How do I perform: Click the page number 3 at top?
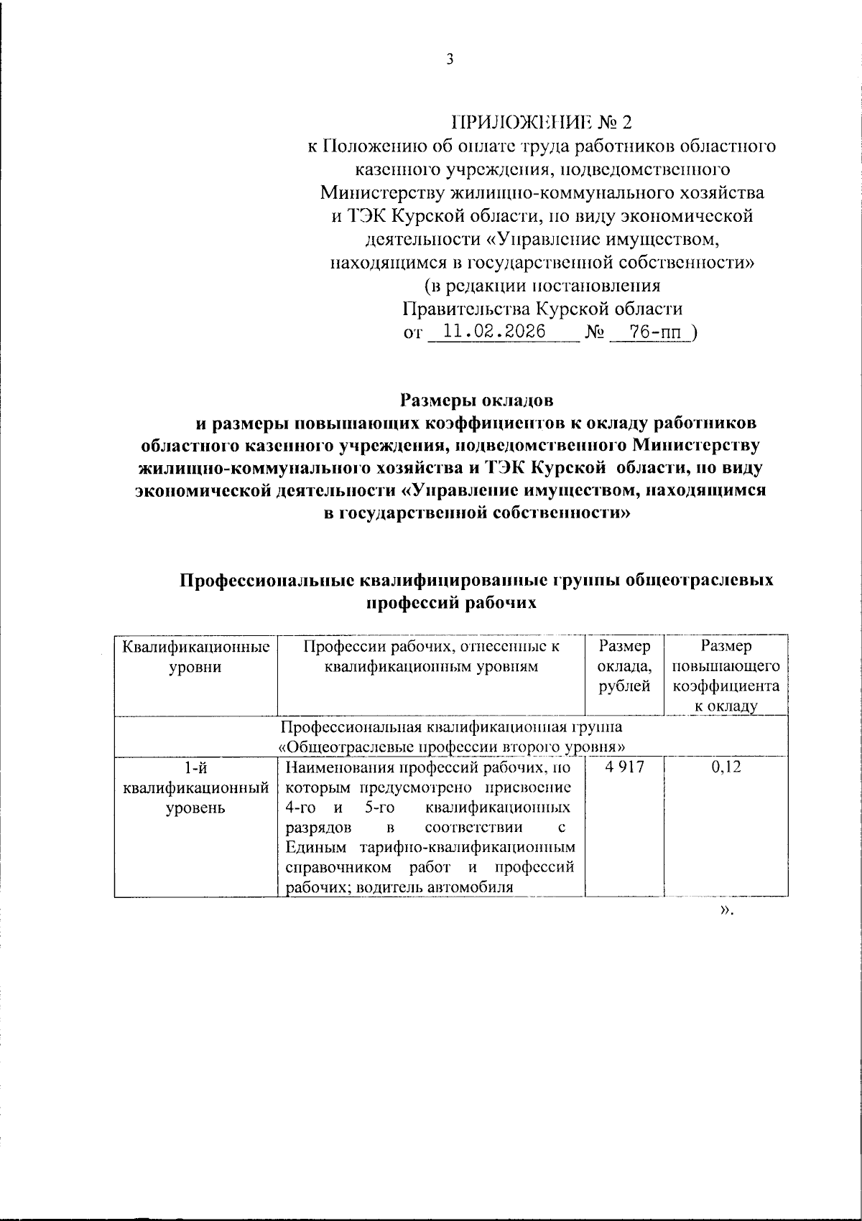(x=450, y=60)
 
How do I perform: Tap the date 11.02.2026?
(x=494, y=332)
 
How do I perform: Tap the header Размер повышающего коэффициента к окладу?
(x=726, y=676)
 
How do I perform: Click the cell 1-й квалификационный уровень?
(x=196, y=787)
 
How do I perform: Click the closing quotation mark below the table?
(x=726, y=911)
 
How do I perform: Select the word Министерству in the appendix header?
(x=382, y=192)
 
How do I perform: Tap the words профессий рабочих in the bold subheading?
(x=452, y=603)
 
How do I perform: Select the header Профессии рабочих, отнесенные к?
(x=431, y=647)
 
